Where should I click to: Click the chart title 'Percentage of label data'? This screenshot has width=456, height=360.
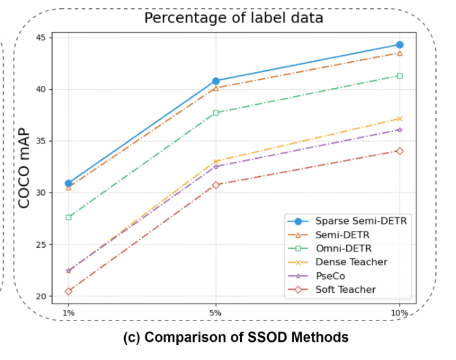coord(233,18)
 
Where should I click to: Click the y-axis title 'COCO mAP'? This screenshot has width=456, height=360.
coord(24,166)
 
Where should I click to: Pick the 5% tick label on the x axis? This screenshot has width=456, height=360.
coord(216,312)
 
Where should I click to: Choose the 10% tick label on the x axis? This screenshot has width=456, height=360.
coord(398,312)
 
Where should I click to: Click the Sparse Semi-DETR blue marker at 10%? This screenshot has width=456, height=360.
coord(399,45)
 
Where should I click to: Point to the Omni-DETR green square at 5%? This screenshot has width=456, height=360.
coord(216,113)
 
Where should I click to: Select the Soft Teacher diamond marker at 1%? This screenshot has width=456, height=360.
coord(68,291)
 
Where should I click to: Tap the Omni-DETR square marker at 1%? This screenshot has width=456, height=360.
coord(68,218)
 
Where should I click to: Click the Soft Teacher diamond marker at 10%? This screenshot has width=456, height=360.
coord(399,151)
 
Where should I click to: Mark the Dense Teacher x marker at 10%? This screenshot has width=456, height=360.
coord(399,119)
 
